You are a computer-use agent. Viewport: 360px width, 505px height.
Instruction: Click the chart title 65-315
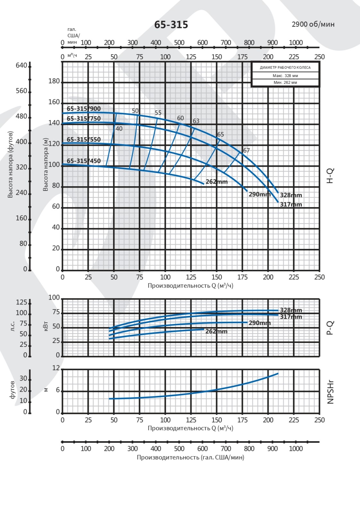171,25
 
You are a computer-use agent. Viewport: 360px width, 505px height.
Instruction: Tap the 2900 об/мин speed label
313,24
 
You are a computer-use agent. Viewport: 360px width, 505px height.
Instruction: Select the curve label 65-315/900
83,109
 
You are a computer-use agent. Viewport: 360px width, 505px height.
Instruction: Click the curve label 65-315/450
83,161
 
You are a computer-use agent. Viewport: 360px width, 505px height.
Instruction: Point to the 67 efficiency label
246,150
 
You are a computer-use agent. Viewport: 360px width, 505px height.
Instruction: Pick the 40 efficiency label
119,128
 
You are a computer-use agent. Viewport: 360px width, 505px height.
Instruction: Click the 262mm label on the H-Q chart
217,182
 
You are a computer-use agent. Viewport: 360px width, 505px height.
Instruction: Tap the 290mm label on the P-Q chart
260,323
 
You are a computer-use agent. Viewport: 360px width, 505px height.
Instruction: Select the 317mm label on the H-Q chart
291,204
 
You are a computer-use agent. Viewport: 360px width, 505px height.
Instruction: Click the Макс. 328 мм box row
285,76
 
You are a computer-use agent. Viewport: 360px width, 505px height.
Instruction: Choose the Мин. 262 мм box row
285,83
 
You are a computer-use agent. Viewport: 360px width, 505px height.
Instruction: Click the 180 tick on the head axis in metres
54,81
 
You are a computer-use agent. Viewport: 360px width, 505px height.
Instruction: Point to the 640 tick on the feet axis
21,65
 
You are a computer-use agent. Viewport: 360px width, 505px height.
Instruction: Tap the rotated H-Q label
330,176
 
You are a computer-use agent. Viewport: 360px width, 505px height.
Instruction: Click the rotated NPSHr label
330,392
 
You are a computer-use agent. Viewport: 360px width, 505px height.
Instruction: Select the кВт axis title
45,327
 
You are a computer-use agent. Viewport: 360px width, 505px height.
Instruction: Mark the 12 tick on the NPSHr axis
56,368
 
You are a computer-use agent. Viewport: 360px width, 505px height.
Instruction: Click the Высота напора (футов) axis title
10,164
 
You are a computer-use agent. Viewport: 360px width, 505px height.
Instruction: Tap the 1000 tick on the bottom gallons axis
296,448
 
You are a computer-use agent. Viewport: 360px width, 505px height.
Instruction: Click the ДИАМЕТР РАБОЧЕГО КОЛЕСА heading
285,67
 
